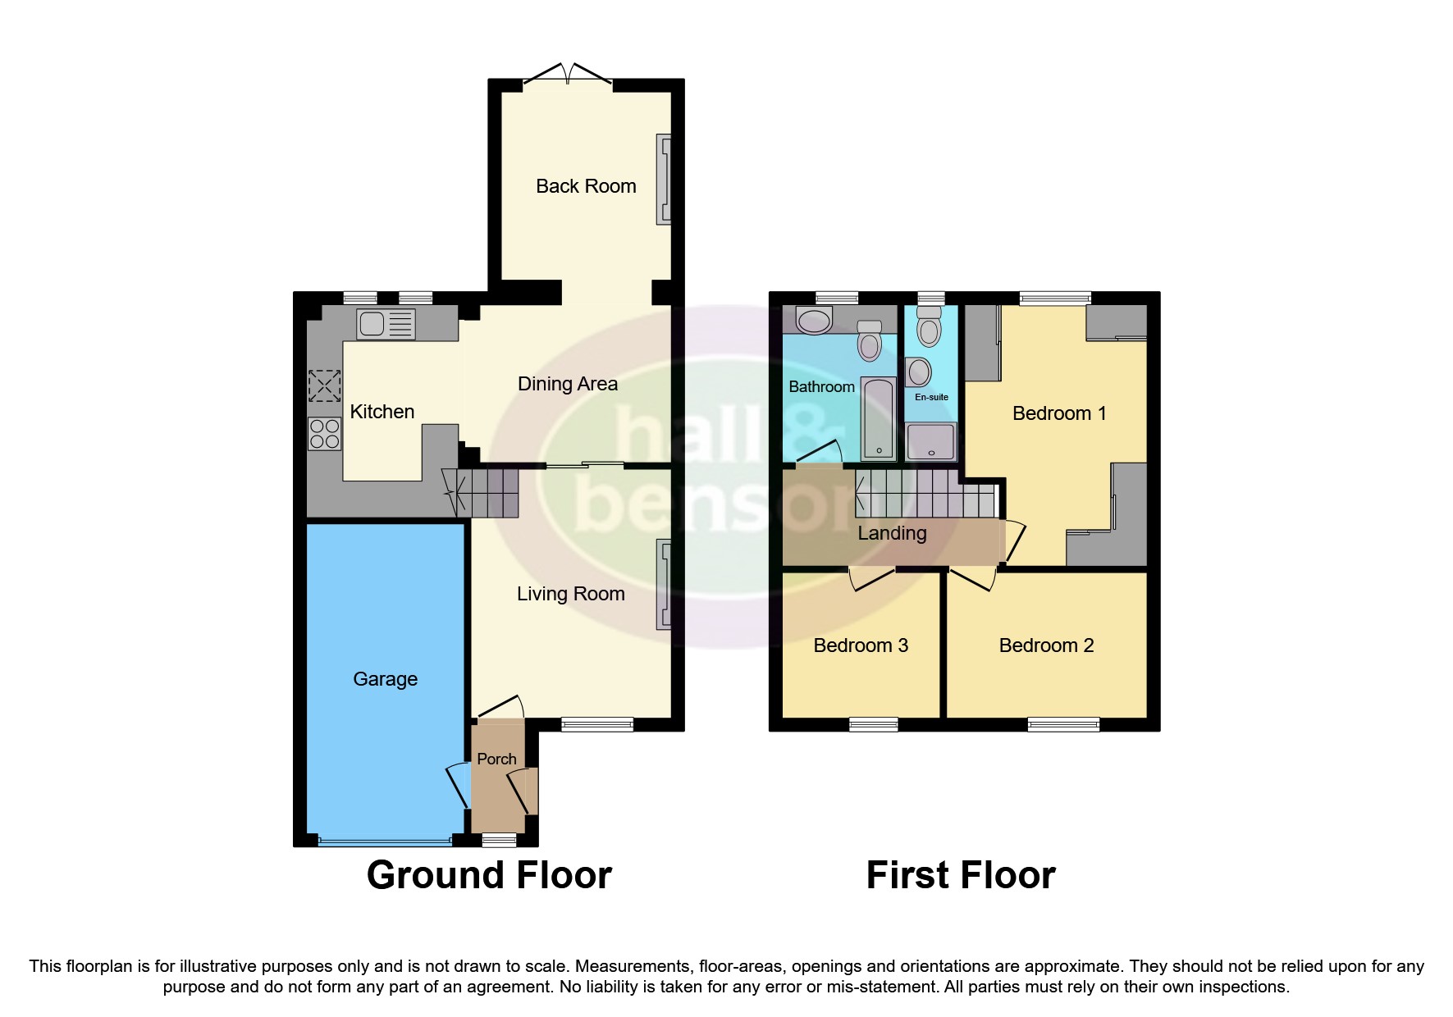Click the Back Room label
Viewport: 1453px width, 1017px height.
point(586,186)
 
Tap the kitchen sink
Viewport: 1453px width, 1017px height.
point(386,324)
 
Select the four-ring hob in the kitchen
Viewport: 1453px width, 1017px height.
point(324,433)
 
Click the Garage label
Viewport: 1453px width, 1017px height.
point(385,679)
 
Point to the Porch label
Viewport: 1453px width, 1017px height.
point(496,759)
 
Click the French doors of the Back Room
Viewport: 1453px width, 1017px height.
point(568,75)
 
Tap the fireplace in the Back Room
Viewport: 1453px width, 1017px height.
point(663,179)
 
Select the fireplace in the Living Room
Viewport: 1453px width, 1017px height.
point(663,584)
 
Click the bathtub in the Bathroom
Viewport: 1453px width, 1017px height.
point(879,419)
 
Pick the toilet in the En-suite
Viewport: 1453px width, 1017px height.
point(929,331)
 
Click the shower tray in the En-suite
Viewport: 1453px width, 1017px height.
point(931,442)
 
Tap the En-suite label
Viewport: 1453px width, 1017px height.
point(931,397)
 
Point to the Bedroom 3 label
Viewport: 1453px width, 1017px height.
point(861,645)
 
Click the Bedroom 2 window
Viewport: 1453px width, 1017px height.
point(1063,724)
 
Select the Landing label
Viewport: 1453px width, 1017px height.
point(892,533)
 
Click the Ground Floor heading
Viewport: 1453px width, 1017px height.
point(489,875)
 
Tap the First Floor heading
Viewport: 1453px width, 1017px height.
point(961,875)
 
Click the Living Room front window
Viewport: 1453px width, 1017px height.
point(597,724)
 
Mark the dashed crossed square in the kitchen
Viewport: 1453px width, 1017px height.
point(324,385)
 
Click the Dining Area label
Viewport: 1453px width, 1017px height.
point(568,384)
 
